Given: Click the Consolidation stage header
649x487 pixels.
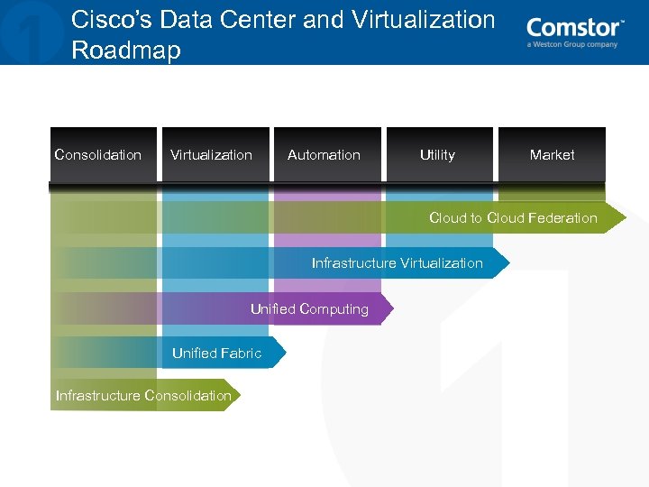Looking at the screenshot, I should point(98,155).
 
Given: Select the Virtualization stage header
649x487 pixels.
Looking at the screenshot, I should point(211,155).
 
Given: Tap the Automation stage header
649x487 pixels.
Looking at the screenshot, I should point(324,155).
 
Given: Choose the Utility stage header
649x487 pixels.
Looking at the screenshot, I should point(437,155).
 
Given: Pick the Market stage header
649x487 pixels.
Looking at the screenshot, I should point(552,155).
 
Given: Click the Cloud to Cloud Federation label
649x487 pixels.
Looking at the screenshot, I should point(513,218).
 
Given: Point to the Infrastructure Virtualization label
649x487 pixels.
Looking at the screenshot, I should point(397,263).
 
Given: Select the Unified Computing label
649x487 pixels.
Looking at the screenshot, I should point(309,309).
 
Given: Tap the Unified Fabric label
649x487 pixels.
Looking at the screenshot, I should point(216,354).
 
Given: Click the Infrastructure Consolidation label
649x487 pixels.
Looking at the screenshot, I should point(143,396).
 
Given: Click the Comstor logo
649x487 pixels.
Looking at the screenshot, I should point(574,28).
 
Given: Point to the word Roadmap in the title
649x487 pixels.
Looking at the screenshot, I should point(125,51).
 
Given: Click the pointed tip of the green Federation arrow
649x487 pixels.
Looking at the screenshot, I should point(624,218).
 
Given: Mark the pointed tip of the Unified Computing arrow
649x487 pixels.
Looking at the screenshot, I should point(392,308).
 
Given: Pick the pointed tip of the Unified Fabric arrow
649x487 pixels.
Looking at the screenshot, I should point(284,353).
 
